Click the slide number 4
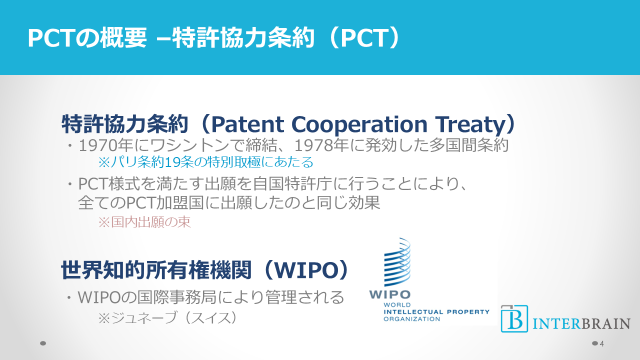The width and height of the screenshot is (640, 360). coord(601,343)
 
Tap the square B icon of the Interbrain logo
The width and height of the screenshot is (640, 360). coord(514,318)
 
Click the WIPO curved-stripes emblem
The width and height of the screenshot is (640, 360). coord(397,262)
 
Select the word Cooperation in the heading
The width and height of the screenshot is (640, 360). coord(359,124)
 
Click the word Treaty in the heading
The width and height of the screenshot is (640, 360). coord(469,124)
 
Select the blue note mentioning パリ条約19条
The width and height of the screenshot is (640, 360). coord(205,162)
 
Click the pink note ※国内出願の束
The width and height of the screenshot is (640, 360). coord(144,222)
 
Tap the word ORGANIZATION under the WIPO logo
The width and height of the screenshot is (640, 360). coord(411,319)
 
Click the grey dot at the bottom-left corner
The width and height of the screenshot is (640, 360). coord(43,343)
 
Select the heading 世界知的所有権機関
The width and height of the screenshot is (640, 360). coord(156,269)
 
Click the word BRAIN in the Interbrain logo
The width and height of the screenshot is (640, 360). coord(606,323)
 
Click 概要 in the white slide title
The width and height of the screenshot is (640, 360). coord(123,37)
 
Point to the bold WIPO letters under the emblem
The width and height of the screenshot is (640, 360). coord(389,294)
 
